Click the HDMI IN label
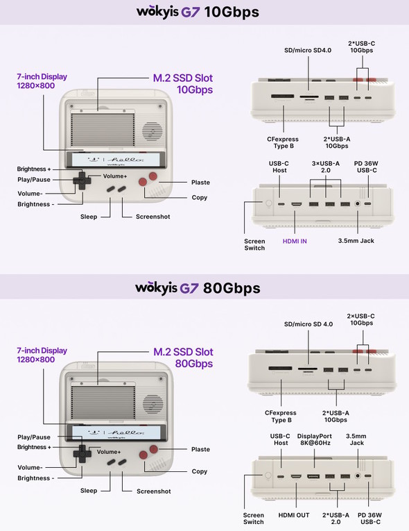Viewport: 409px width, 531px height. (x=295, y=241)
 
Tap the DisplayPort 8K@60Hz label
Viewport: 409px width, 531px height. (x=315, y=439)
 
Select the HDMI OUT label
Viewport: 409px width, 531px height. (x=294, y=515)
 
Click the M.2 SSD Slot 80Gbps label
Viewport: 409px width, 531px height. (x=183, y=357)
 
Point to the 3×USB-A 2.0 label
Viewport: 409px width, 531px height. (x=326, y=167)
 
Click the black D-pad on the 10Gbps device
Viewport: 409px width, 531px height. (x=82, y=180)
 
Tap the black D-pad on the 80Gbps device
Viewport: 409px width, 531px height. (x=82, y=453)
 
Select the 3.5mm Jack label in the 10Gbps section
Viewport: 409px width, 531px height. (x=356, y=241)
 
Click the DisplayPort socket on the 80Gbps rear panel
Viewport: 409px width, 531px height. (x=313, y=476)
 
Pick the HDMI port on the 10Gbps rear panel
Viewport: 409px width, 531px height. (x=297, y=204)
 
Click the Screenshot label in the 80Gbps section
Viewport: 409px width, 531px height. (x=154, y=491)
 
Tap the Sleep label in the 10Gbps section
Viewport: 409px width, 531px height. (x=89, y=217)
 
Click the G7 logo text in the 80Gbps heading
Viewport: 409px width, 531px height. (x=189, y=288)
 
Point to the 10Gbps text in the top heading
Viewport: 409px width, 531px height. (x=232, y=12)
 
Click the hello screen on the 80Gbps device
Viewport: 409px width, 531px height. (x=116, y=433)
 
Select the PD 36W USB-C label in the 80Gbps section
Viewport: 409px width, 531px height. (x=369, y=519)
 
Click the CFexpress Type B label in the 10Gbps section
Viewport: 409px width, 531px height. (x=283, y=142)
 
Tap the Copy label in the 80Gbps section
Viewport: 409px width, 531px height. (x=199, y=471)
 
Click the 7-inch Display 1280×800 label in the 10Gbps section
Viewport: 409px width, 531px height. (x=42, y=81)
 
